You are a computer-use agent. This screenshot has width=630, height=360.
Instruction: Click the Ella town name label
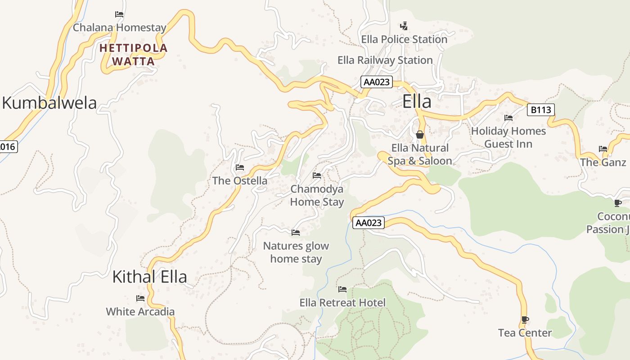coord(417,102)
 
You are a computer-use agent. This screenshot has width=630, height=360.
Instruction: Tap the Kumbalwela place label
coord(49,103)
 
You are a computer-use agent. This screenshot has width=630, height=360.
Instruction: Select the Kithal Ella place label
coord(149,276)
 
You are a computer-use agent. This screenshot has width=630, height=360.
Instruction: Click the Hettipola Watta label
coord(133,54)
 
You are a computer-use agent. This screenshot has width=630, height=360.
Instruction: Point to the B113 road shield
coord(540,110)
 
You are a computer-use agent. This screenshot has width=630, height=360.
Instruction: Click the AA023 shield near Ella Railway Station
coord(377,82)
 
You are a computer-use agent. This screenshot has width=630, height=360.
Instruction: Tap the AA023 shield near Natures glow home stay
coord(369,223)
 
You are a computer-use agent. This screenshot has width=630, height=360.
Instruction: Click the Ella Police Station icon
coord(404,26)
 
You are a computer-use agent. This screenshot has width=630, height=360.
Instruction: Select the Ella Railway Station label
coord(385,60)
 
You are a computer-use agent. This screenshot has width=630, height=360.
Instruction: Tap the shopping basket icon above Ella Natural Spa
coord(420,134)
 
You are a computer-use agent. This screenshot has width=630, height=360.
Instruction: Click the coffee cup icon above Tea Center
coord(525,319)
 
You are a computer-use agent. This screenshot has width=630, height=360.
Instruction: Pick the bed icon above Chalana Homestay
coord(119,14)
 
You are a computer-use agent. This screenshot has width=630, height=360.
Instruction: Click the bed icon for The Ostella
coord(240,167)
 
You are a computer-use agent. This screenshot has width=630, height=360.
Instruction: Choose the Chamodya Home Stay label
coord(317,195)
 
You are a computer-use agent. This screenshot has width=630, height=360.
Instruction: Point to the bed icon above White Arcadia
coord(140,298)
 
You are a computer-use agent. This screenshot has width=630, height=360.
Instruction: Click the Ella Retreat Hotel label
coord(342,303)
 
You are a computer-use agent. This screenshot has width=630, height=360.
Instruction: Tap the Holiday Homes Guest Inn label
coord(508,137)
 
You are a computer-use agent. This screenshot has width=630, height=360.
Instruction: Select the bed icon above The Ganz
coord(603,149)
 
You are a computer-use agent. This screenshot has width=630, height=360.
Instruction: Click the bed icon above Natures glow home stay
coord(296,233)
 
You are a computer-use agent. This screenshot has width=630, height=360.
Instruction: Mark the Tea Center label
coord(525,333)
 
